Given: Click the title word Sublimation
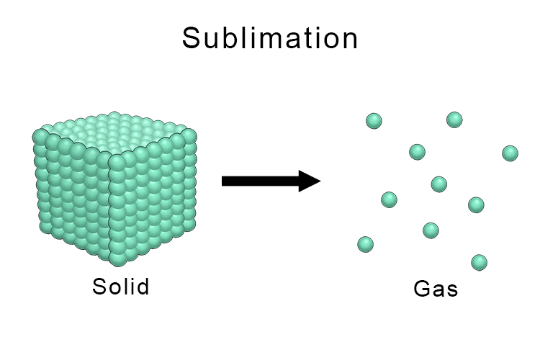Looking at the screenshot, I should click(x=270, y=38).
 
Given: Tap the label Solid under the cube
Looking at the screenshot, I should click(x=121, y=287).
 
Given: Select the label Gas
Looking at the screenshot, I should click(x=436, y=289).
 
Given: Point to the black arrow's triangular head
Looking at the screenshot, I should click(x=309, y=181).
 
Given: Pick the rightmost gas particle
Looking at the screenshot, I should click(x=510, y=153).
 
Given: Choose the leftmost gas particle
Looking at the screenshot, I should click(x=366, y=244).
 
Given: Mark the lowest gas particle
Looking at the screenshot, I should click(x=480, y=262).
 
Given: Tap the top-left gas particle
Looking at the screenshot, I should click(x=374, y=121).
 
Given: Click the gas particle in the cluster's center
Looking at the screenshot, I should click(x=439, y=184).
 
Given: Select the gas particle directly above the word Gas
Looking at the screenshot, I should click(x=431, y=230).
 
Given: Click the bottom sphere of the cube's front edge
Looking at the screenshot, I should click(x=117, y=257).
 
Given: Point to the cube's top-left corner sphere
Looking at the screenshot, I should click(x=41, y=135).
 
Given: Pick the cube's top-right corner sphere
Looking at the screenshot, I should click(x=189, y=135).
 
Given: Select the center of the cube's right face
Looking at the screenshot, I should click(x=155, y=194).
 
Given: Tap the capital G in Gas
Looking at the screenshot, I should click(x=422, y=289).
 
